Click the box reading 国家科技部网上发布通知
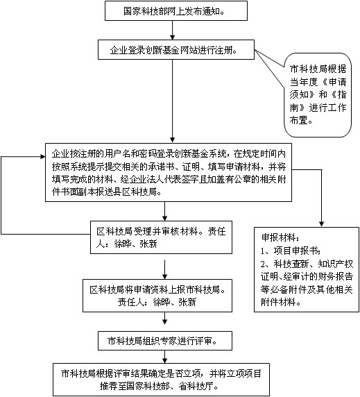point(176,10)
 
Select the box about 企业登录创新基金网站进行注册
point(176,50)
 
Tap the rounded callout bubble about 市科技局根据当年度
point(318,95)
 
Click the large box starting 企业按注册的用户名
point(169,172)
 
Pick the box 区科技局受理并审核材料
point(161,237)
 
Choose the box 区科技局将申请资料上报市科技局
point(157,296)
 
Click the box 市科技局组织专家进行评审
point(165,341)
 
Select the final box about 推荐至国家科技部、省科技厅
point(161,380)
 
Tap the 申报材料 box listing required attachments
point(307,269)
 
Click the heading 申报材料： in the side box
point(280,237)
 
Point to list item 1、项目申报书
point(290,251)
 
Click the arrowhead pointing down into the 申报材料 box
point(322,224)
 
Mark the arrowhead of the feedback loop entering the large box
point(43,157)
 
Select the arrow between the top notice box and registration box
point(173,30)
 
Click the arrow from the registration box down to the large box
point(173,101)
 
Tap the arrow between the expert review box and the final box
point(165,357)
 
